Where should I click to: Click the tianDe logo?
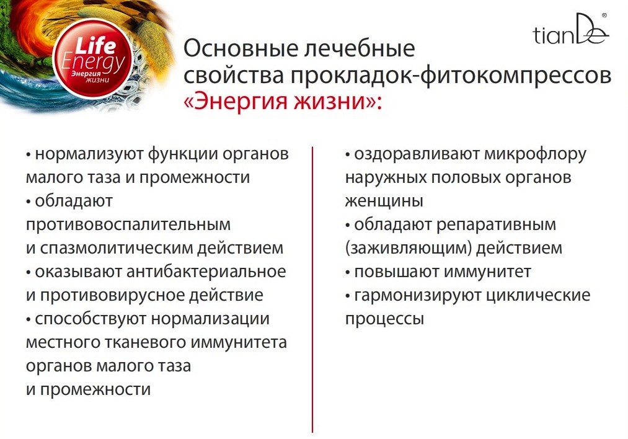click(x=571, y=29)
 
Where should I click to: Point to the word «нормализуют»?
click(x=89, y=154)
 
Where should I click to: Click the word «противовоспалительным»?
click(x=128, y=224)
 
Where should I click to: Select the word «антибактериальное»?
click(x=206, y=272)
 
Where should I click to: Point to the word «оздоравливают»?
click(x=417, y=154)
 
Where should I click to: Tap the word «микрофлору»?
click(x=535, y=154)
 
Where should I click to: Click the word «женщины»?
click(x=384, y=201)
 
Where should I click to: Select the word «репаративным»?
click(x=496, y=225)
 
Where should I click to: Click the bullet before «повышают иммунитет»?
click(x=348, y=273)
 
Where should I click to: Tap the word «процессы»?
click(x=384, y=319)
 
